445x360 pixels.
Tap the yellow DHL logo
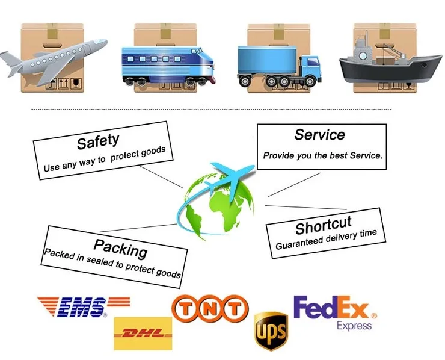click(x=143, y=333)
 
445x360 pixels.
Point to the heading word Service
click(x=319, y=135)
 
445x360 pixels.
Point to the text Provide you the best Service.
click(x=322, y=155)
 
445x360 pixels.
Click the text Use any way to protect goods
click(x=104, y=158)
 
